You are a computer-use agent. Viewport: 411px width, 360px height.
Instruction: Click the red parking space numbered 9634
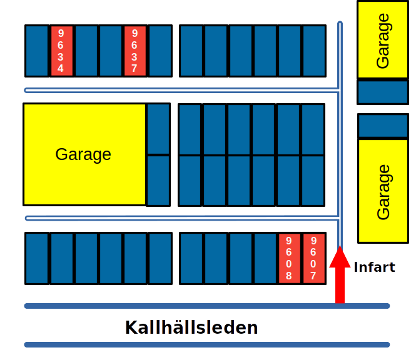click(61, 51)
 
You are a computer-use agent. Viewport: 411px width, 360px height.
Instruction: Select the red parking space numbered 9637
click(134, 51)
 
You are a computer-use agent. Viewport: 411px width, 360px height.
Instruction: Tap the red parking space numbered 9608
click(289, 258)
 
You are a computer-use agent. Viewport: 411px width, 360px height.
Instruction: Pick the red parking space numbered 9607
click(313, 258)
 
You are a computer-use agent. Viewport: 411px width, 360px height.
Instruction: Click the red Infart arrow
click(340, 275)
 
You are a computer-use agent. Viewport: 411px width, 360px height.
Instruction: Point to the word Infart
click(374, 267)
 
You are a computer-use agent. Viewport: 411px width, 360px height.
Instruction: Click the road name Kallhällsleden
click(191, 327)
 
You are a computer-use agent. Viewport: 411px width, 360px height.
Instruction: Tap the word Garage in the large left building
click(83, 154)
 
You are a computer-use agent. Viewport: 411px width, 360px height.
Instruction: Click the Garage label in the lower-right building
click(383, 192)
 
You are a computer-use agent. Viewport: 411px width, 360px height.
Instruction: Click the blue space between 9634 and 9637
click(98, 51)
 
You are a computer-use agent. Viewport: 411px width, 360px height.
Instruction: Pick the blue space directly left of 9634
click(37, 51)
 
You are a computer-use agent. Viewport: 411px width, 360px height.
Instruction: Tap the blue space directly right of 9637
click(160, 51)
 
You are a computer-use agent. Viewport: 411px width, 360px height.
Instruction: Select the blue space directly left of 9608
click(265, 258)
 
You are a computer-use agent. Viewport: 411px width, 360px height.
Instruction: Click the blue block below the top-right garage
click(382, 92)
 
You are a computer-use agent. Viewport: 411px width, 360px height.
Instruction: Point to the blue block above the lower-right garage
click(382, 126)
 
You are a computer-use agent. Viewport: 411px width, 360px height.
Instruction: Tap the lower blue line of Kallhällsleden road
click(206, 344)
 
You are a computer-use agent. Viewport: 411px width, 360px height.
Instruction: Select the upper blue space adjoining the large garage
click(158, 128)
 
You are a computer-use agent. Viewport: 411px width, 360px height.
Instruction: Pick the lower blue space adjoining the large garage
click(158, 181)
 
